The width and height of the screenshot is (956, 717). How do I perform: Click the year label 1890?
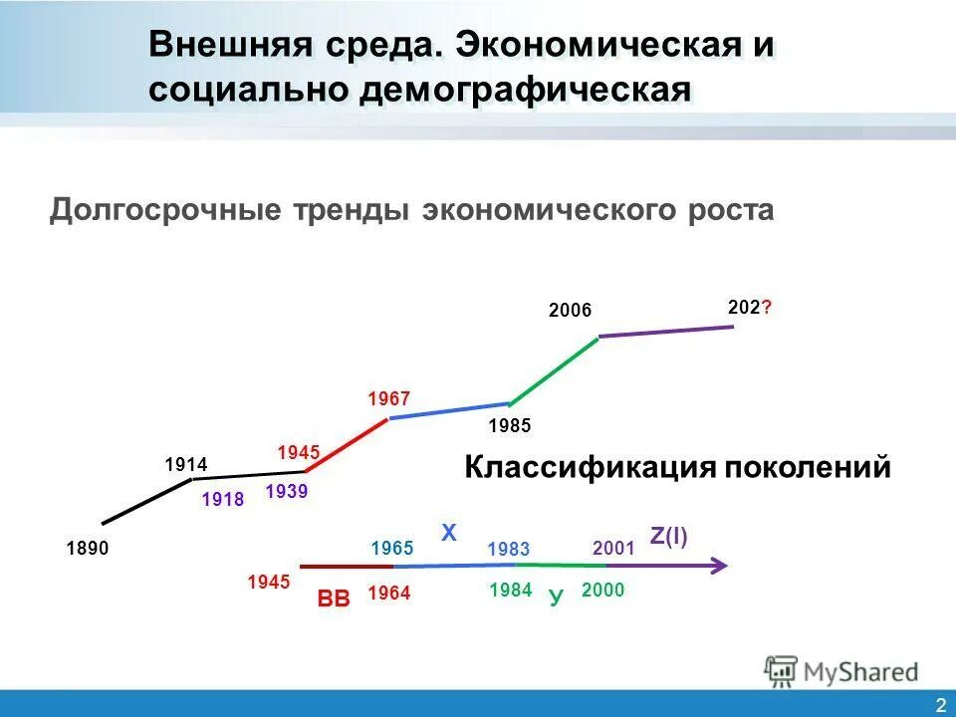88,548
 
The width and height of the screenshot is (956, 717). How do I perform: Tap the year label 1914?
185,464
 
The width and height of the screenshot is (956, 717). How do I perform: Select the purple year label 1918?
222,500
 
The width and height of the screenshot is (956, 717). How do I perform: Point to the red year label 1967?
388,399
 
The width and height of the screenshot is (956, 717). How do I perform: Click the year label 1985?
510,426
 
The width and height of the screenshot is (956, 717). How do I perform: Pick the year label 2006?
571,311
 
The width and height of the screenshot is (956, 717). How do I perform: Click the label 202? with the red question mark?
749,308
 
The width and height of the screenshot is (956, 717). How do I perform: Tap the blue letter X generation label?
449,535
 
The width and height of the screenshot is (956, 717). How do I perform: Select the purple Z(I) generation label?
668,537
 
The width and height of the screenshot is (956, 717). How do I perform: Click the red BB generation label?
334,598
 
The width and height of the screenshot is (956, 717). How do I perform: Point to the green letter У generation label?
556,597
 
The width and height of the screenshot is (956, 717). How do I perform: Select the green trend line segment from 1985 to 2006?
554,370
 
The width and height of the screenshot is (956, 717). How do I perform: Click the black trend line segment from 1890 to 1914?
147,501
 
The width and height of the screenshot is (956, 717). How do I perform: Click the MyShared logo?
841,670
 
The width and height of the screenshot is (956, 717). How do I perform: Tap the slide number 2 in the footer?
940,705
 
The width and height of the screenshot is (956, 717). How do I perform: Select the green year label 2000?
602,591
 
